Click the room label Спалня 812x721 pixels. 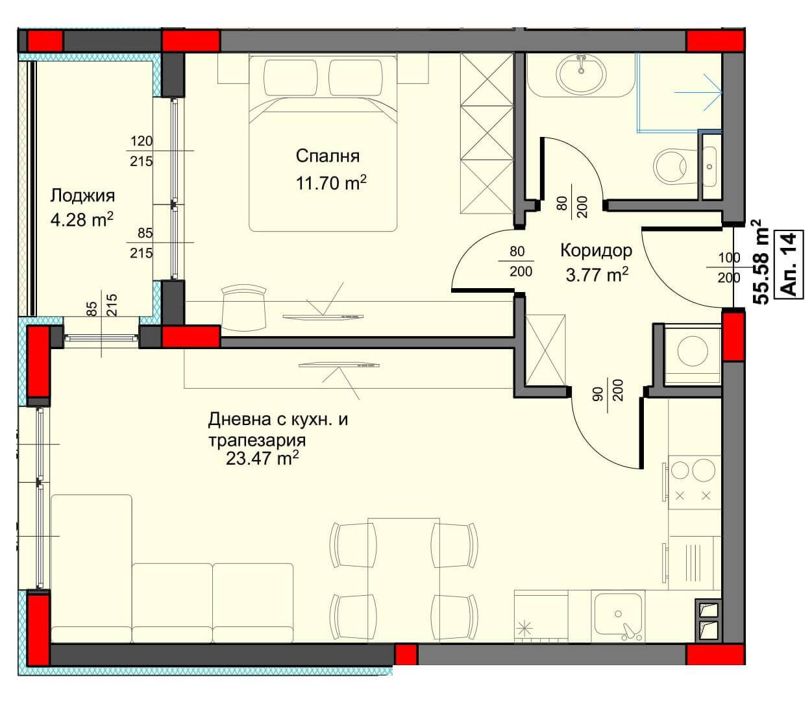point(327,156)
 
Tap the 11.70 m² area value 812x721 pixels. point(331,183)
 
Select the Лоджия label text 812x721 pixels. point(82,196)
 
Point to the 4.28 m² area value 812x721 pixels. point(82,219)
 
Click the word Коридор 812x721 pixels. point(596,251)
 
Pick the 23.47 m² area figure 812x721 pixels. point(262,458)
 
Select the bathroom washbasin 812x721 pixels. point(582,74)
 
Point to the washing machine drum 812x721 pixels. point(693,350)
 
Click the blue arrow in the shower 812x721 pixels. point(698,93)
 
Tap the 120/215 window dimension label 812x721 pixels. point(141,151)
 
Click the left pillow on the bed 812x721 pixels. point(291,78)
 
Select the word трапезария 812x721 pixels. point(257,441)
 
